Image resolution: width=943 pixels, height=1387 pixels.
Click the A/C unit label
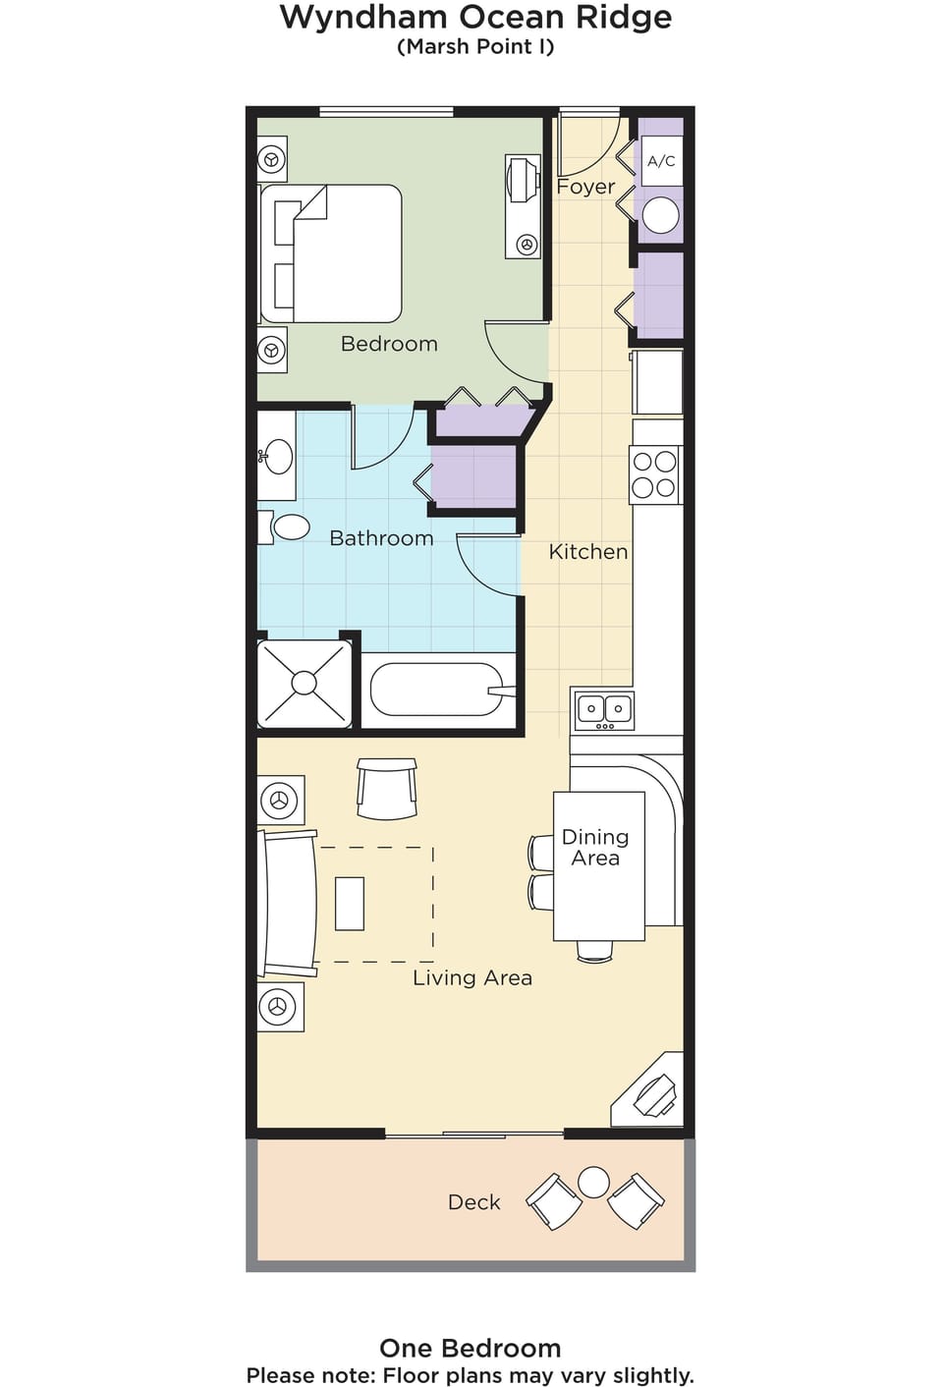(661, 162)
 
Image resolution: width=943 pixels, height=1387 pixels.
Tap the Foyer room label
(585, 187)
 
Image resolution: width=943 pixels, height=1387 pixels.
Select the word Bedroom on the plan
(389, 344)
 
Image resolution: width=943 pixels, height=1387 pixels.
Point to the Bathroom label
(381, 538)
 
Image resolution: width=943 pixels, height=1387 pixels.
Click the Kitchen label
(588, 552)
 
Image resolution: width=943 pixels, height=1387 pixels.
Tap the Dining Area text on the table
(595, 848)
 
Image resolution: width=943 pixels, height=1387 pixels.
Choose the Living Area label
(472, 977)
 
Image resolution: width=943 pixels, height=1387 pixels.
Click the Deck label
(473, 1202)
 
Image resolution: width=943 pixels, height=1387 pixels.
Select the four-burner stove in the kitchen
(654, 474)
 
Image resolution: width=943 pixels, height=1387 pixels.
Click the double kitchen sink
(604, 711)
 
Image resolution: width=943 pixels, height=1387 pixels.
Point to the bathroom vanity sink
(276, 457)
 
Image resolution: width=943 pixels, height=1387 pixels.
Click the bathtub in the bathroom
(439, 690)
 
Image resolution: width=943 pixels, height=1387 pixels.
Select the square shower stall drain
(304, 683)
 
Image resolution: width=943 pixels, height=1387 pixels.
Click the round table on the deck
(593, 1182)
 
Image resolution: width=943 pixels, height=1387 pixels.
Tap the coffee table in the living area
(350, 904)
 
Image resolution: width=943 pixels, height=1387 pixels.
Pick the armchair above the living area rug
(387, 788)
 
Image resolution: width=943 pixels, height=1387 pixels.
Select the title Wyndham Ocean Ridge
(475, 18)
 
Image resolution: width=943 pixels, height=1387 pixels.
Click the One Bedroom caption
(471, 1348)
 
